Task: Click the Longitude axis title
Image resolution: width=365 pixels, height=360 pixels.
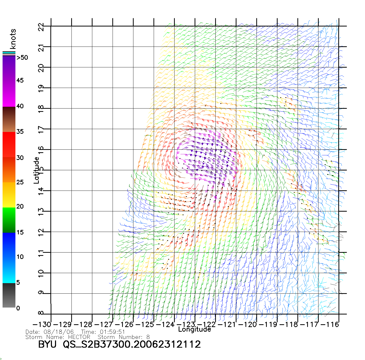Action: pos(195,329)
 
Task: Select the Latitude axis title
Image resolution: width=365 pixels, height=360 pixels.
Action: pos(36,170)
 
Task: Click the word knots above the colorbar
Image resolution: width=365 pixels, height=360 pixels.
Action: pos(13,39)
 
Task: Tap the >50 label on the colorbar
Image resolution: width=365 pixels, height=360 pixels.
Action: pos(22,58)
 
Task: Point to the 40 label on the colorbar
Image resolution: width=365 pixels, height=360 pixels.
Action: pos(20,106)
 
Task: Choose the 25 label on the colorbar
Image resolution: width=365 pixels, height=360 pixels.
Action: pos(20,182)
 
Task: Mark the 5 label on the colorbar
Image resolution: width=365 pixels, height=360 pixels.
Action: pos(18,283)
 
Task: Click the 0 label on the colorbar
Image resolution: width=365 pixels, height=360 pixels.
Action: pos(18,308)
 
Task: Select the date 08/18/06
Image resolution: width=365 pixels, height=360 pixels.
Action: pos(59,332)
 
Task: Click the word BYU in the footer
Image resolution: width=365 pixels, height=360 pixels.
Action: pos(47,344)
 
